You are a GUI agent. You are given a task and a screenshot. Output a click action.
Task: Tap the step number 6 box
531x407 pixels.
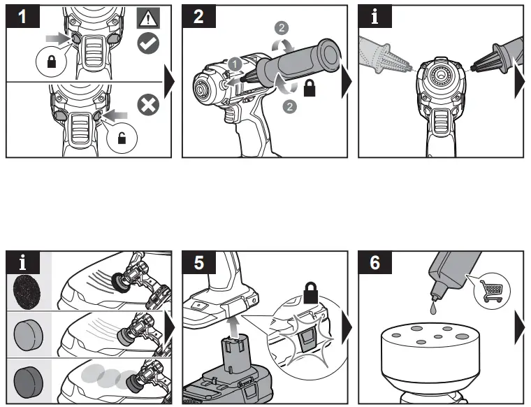[x=376, y=263]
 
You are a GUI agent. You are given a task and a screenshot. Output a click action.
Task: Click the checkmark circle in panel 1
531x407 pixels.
[x=147, y=43]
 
